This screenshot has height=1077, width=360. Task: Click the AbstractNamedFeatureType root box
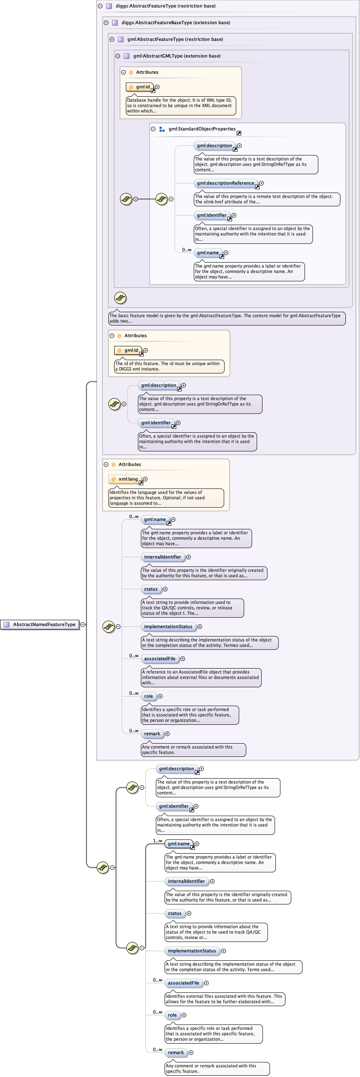pyautogui.click(x=40, y=624)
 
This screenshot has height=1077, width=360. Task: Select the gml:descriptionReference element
pyautogui.click(x=225, y=183)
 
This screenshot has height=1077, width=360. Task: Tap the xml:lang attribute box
pyautogui.click(x=125, y=479)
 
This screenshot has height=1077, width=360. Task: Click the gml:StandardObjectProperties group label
pyautogui.click(x=202, y=129)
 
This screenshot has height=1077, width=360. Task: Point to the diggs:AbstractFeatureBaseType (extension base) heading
pyautogui.click(x=175, y=23)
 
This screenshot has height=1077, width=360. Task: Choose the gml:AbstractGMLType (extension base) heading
pyautogui.click(x=176, y=56)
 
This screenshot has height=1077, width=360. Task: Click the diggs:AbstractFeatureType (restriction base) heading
pyautogui.click(x=165, y=6)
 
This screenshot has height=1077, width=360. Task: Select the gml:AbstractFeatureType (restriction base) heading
pyautogui.click(x=175, y=39)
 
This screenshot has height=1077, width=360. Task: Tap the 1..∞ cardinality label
pyautogui.click(x=157, y=841)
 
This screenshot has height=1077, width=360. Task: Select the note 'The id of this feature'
pyautogui.click(x=169, y=366)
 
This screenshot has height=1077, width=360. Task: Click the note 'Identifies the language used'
pyautogui.click(x=166, y=498)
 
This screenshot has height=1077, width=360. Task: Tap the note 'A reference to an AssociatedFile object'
pyautogui.click(x=201, y=677)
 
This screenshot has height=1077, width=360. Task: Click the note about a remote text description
pyautogui.click(x=267, y=199)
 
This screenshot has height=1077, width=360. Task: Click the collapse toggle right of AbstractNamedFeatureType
pyautogui.click(x=83, y=624)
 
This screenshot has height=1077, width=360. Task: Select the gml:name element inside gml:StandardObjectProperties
pyautogui.click(x=208, y=253)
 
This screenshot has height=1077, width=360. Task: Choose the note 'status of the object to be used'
pyautogui.click(x=216, y=932)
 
